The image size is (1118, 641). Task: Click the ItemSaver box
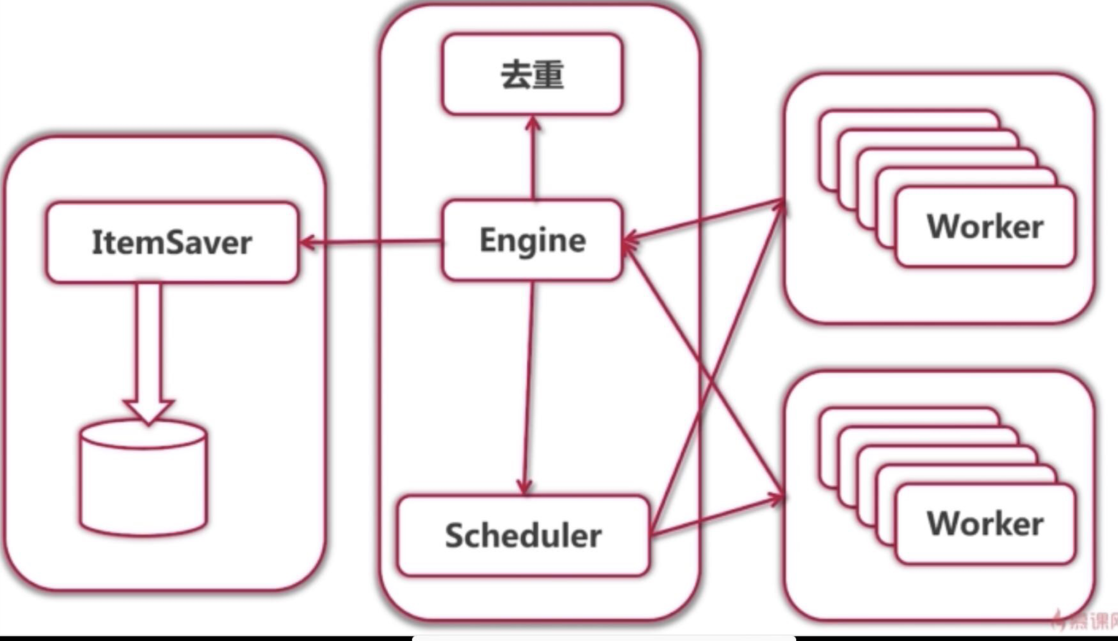(x=172, y=242)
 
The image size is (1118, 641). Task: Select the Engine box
(x=532, y=240)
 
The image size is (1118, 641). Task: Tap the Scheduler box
(x=523, y=535)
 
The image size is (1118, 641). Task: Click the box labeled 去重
(x=532, y=75)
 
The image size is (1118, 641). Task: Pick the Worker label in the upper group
(x=985, y=226)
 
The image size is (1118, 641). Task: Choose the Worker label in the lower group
(x=985, y=524)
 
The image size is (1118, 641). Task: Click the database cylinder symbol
(x=144, y=480)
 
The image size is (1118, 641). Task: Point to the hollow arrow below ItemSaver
(x=149, y=350)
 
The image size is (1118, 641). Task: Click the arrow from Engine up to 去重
(x=533, y=161)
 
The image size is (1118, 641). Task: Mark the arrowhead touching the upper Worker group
(x=778, y=203)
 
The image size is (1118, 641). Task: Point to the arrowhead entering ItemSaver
(x=308, y=242)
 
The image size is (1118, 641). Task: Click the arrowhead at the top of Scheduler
(x=523, y=487)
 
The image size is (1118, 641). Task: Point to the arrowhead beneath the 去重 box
(x=533, y=124)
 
